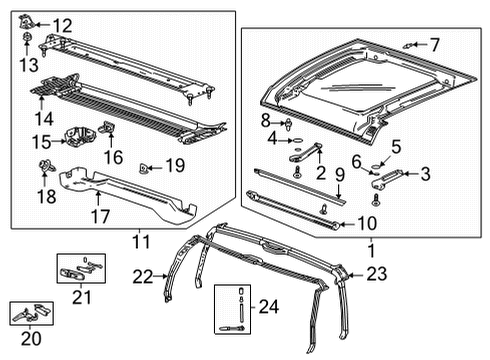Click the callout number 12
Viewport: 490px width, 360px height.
coord(62,25)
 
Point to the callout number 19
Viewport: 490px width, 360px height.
coord(175,164)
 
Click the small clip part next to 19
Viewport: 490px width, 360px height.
coord(146,165)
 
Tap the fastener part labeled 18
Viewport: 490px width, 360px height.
coord(45,166)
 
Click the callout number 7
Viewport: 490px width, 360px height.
coord(434,43)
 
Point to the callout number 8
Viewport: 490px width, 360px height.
coord(267,120)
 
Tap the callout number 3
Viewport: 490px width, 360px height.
coord(424,174)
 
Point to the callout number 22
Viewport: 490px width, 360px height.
coord(144,277)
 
